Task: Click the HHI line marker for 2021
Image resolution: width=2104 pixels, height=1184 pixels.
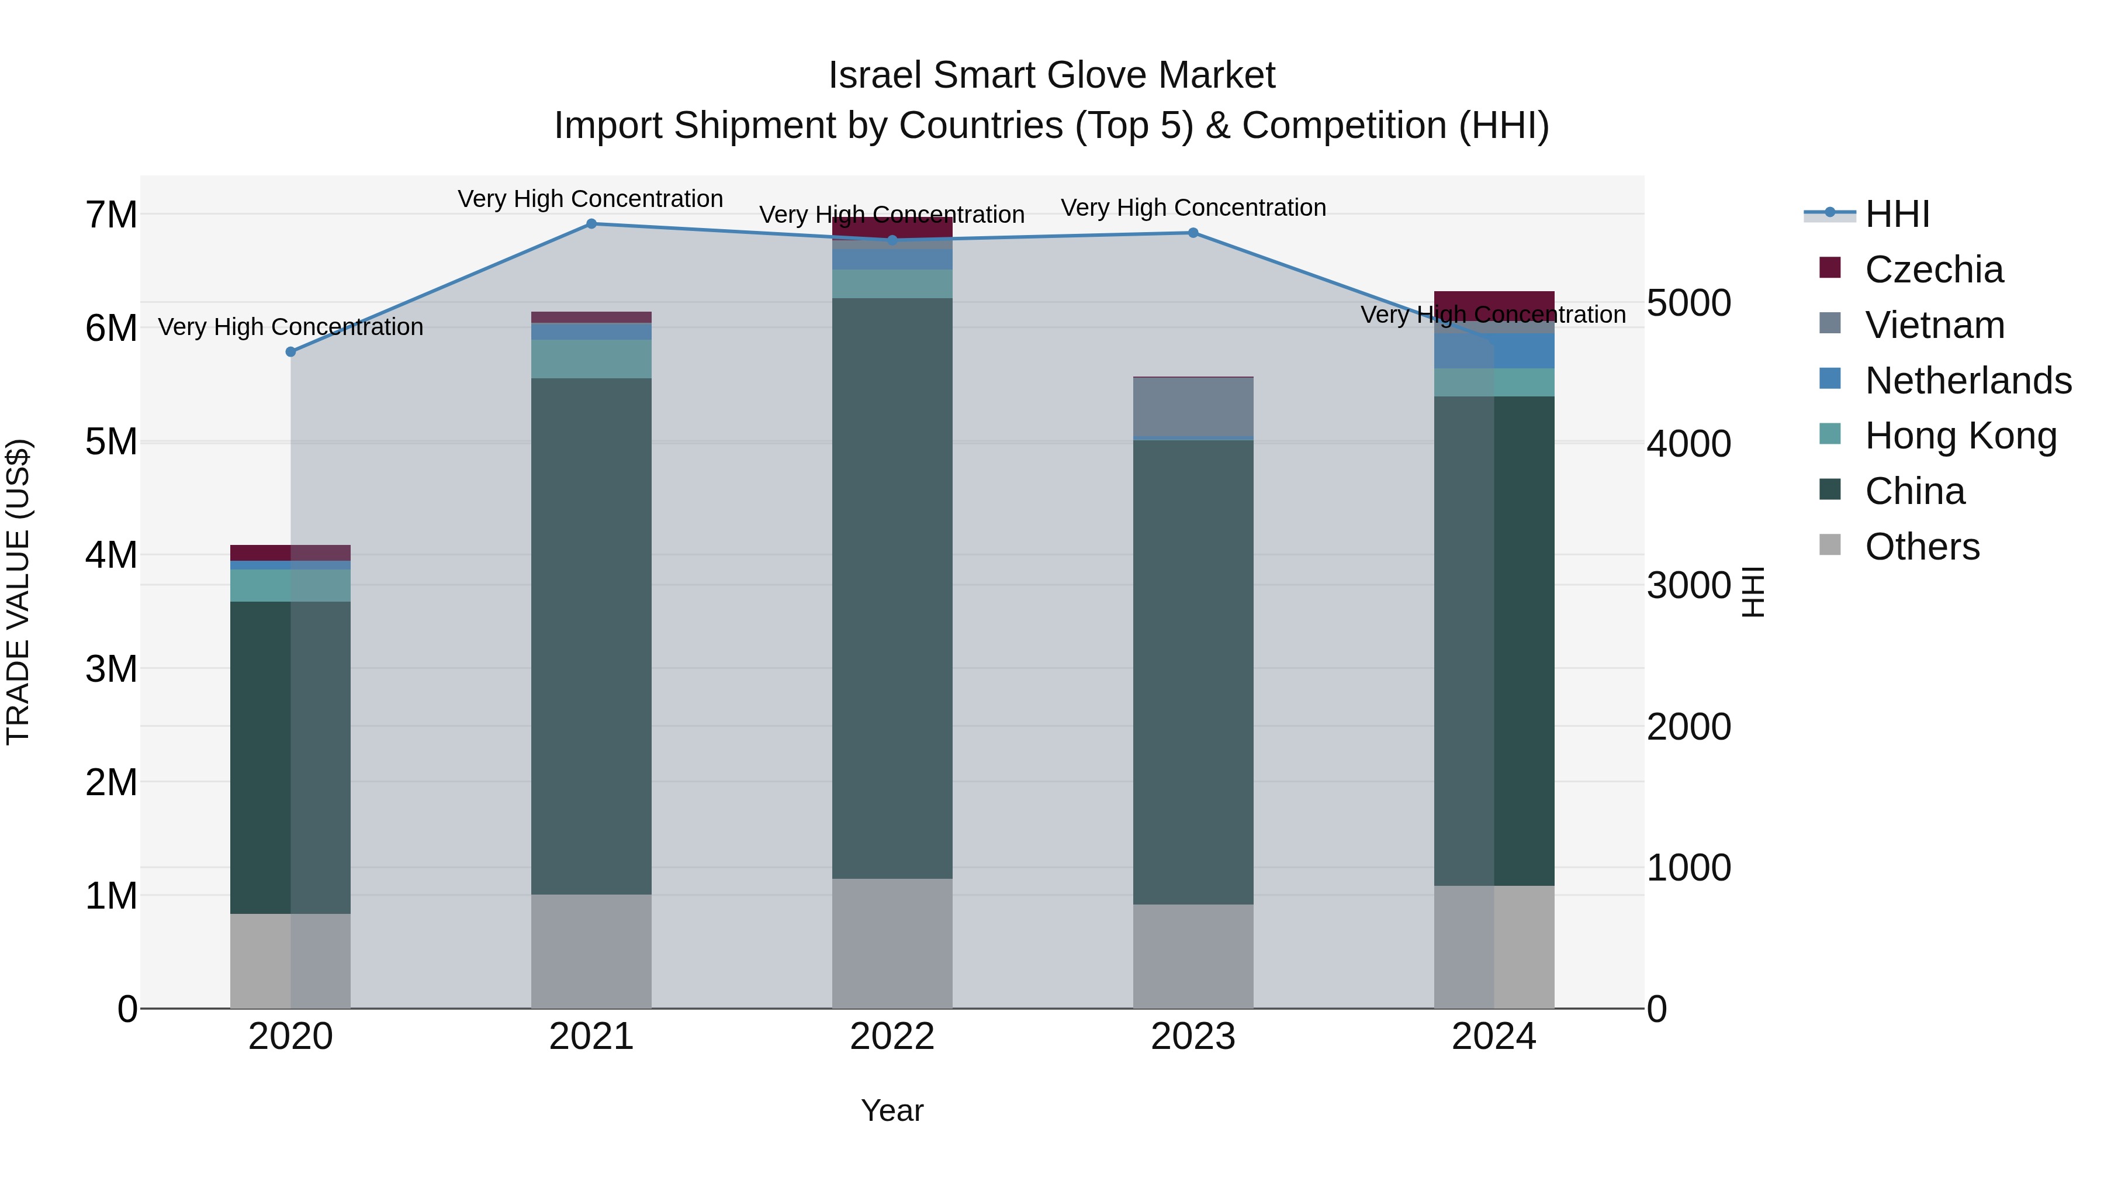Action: (591, 224)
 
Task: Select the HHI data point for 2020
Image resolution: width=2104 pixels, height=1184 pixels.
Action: (291, 352)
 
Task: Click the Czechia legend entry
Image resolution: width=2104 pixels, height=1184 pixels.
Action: (1933, 270)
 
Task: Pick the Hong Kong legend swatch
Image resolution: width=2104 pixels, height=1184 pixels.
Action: (1830, 434)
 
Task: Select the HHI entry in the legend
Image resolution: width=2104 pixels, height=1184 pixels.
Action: (1897, 214)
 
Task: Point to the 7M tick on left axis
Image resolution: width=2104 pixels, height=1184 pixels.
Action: (112, 215)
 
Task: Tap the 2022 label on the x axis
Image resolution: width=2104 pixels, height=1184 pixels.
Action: (892, 1037)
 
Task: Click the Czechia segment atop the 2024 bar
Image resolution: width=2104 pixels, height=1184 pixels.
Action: (1494, 302)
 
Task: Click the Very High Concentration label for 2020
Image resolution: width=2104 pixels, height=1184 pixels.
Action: (291, 327)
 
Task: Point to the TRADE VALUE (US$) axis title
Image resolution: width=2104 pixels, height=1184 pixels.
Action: (18, 592)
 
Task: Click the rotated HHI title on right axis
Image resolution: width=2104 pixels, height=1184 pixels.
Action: (1753, 592)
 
